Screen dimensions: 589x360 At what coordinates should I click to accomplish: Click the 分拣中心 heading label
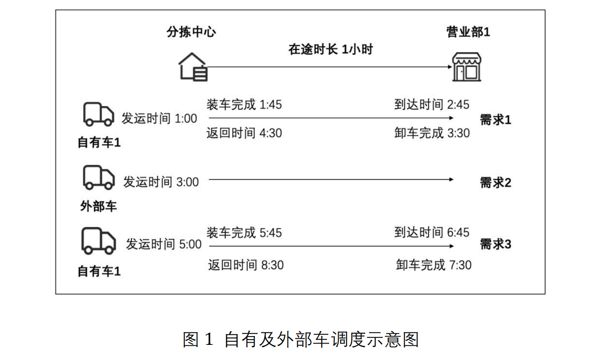[x=191, y=32]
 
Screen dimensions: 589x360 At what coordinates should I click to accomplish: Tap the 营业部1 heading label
[x=468, y=32]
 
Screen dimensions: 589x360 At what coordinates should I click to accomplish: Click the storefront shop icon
[x=466, y=67]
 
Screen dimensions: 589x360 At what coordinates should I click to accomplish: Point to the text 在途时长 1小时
[x=330, y=49]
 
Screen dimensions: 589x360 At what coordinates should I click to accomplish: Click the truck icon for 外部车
[x=99, y=177]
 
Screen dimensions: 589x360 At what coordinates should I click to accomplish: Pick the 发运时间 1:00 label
[x=159, y=118]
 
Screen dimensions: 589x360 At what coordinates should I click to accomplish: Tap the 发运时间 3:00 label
[x=161, y=182]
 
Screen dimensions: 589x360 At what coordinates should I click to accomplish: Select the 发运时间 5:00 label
[x=163, y=244]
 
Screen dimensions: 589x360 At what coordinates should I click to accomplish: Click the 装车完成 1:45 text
[x=244, y=104]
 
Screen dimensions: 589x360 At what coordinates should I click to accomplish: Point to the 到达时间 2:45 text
[x=432, y=104]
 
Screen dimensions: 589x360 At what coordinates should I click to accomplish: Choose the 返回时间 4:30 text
[x=244, y=132]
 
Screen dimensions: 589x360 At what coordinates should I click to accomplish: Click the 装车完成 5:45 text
[x=244, y=233]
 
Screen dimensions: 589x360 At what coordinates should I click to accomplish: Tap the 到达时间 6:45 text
[x=432, y=232]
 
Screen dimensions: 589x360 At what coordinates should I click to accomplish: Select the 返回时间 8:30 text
[x=246, y=264]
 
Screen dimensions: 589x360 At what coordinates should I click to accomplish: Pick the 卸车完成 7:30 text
[x=434, y=264]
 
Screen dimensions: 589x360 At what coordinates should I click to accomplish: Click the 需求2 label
[x=495, y=182]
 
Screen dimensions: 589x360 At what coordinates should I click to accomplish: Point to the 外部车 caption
[x=99, y=206]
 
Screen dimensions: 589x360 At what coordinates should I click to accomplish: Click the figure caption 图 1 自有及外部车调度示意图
[x=301, y=340]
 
